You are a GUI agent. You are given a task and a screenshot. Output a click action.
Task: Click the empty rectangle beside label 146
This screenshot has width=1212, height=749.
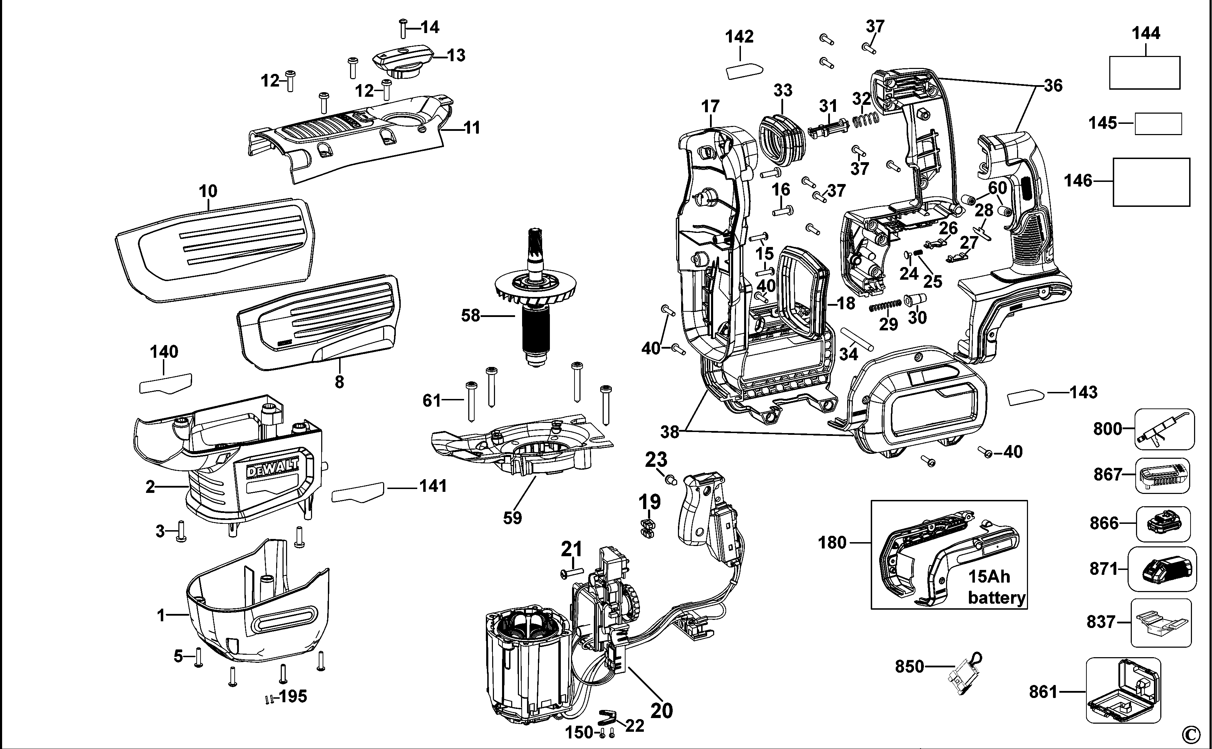[1151, 182]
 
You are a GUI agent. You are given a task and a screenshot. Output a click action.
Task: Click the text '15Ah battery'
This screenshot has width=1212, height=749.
[996, 587]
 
